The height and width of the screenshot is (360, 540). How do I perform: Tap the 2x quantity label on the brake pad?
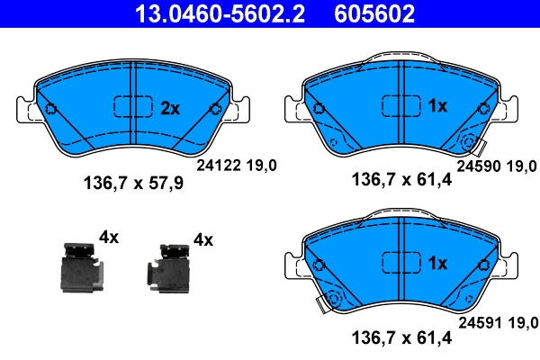coord(170,108)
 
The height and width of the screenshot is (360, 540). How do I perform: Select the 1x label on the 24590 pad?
coord(437,106)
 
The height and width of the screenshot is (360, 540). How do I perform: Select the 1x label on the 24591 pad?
coord(437,264)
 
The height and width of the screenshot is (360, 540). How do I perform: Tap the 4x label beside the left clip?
coord(109,238)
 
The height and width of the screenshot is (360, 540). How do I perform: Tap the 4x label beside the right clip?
coord(203,239)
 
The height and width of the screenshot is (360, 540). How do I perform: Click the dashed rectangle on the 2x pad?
coord(133,107)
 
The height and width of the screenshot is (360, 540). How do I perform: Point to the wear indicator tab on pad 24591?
coord(319,305)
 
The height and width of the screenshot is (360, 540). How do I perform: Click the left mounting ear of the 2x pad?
coord(29,110)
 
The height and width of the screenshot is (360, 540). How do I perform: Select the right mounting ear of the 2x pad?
coord(238,110)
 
